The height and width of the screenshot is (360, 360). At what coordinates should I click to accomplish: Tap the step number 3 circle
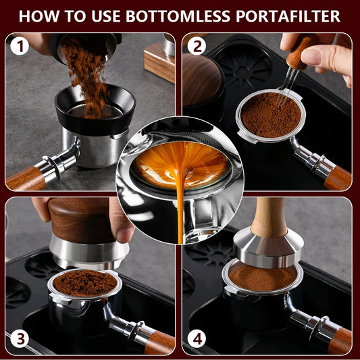[18, 338]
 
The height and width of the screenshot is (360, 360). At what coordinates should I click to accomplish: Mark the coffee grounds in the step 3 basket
[84, 283]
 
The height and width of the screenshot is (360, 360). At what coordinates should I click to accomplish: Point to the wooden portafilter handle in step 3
[159, 340]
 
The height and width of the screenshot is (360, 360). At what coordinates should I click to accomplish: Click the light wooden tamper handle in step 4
[270, 216]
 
